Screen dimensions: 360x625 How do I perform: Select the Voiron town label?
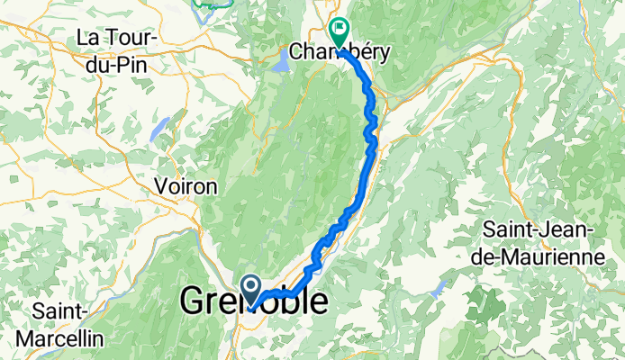[x=186, y=188]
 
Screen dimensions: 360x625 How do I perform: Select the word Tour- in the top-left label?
[x=135, y=39]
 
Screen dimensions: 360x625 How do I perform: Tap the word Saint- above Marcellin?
[x=60, y=312]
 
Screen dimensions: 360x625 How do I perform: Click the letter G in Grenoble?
[x=195, y=302]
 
